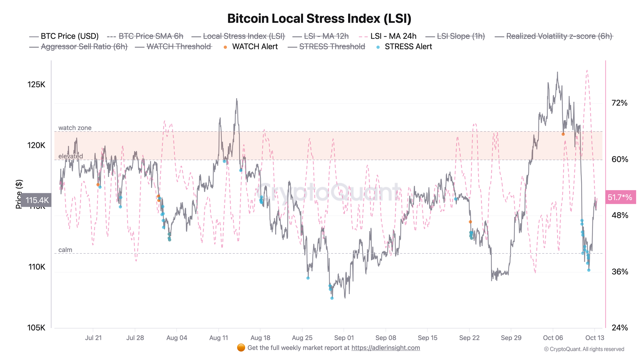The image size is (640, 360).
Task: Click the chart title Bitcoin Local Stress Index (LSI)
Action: [x=319, y=19]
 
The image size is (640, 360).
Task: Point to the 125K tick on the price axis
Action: [x=36, y=84]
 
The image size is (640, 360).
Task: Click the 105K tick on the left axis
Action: [x=36, y=328]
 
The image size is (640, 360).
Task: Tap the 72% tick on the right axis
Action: [x=620, y=103]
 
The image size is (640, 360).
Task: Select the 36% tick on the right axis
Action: [x=620, y=272]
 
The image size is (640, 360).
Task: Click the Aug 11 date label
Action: [x=219, y=338]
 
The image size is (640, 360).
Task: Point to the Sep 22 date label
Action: [x=469, y=338]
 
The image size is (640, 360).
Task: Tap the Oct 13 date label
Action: [x=595, y=338]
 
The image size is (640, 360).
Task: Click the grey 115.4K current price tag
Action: [x=37, y=200]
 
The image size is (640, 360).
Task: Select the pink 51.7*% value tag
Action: [x=620, y=197]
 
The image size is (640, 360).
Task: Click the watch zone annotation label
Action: [x=75, y=128]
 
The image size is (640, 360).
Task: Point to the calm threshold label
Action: [x=65, y=250]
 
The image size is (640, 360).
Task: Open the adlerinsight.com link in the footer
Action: [x=386, y=348]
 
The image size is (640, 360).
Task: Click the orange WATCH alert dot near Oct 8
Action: [x=563, y=134]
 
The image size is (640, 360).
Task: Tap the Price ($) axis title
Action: [x=19, y=194]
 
